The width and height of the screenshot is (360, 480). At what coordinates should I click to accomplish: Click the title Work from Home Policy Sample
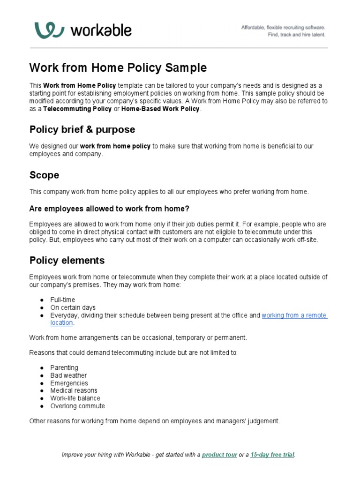pos(118,67)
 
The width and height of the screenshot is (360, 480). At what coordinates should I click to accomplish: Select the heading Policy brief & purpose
pos(82,129)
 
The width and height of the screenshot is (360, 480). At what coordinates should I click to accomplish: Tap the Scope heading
pos(44,175)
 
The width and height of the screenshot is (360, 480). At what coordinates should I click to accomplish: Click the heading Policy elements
pos(67,260)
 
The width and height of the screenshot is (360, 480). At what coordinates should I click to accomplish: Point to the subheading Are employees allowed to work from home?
pos(109,209)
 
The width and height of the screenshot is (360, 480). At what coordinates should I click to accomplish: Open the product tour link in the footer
pos(219,455)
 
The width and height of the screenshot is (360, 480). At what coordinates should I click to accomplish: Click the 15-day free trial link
pos(272,455)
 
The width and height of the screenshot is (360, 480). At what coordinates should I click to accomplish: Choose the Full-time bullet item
pos(62,300)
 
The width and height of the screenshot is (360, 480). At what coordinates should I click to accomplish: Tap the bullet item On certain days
pos(73,307)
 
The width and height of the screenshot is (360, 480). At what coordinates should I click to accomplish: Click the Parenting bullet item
pos(64,368)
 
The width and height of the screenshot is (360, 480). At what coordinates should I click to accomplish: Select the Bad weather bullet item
pos(68,375)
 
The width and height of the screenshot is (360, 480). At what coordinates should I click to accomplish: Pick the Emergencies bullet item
pos(69,383)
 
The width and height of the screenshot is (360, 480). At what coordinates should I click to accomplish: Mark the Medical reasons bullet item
pos(74,390)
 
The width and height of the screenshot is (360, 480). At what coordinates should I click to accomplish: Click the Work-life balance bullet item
pos(75,398)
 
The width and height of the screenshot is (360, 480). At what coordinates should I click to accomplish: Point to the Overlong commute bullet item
pos(77,406)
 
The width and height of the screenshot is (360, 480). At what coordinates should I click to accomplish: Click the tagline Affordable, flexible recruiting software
pos(283,28)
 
